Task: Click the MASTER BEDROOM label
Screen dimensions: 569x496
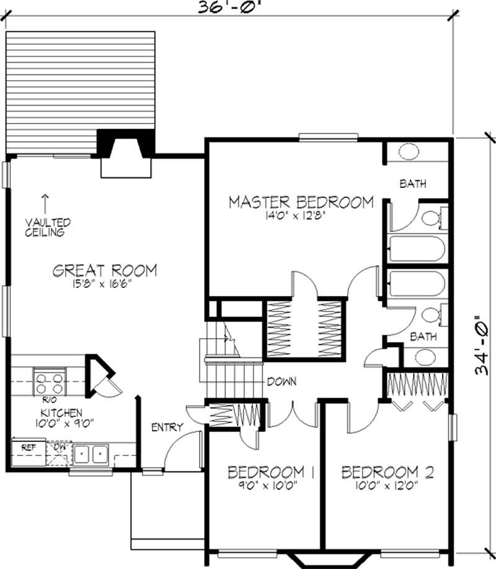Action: point(301,202)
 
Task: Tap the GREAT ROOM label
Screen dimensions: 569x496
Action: point(104,271)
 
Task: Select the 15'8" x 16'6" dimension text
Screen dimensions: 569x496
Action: point(104,284)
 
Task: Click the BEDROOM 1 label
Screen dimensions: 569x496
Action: point(271,472)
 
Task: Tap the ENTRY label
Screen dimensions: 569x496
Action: point(167,427)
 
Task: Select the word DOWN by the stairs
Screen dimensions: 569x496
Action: point(281,382)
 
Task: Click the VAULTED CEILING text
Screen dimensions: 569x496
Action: point(48,227)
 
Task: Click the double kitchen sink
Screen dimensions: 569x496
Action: point(92,455)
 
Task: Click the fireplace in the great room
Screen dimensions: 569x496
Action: point(126,152)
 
